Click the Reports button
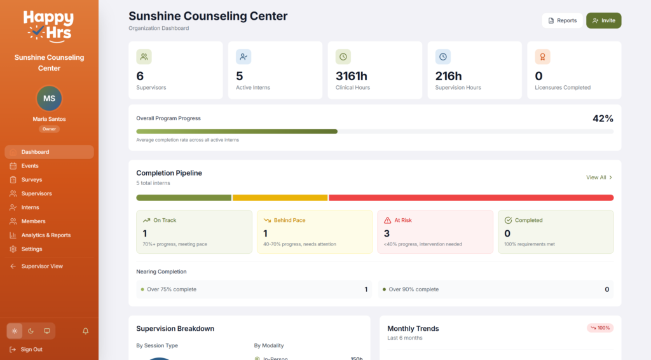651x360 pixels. [562, 20]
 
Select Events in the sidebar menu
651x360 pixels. [30, 166]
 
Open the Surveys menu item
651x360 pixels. [31, 180]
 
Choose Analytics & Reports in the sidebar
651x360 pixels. [46, 235]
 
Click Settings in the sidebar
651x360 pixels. [32, 249]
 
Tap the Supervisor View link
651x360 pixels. [42, 267]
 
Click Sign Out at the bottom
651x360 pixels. [31, 349]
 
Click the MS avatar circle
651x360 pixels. [49, 99]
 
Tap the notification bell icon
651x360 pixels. [85, 331]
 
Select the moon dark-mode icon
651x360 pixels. [31, 331]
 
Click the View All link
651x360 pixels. [599, 177]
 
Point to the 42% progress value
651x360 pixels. [602, 118]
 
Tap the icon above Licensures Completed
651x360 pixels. [542, 57]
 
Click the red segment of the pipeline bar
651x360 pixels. [470, 198]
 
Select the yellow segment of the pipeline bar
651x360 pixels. [280, 198]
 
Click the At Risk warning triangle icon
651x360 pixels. [387, 220]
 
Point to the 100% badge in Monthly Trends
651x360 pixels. [600, 328]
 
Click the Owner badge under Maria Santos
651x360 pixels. [49, 129]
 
